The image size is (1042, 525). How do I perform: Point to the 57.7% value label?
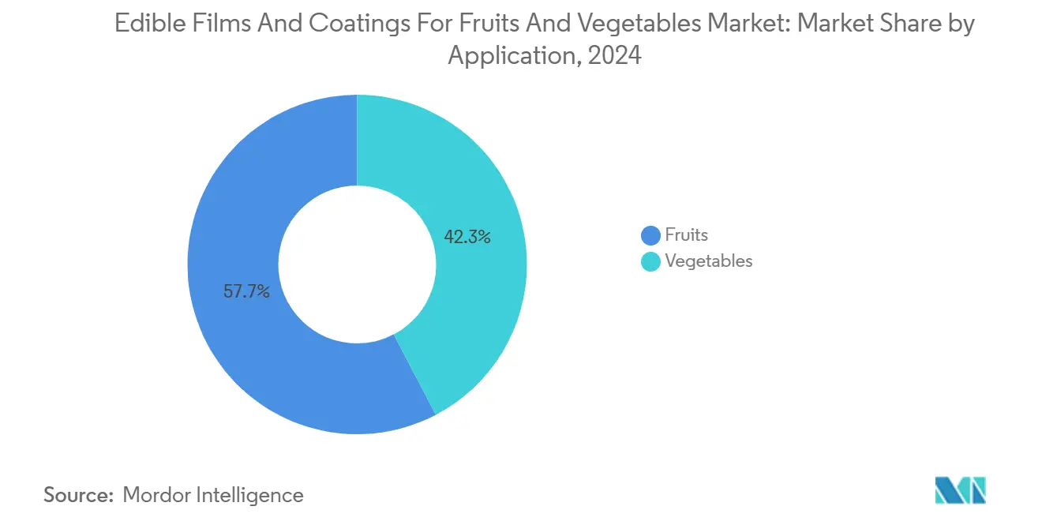[x=246, y=291]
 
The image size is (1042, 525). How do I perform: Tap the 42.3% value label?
[x=467, y=236]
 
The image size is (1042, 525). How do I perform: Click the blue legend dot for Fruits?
[x=650, y=235]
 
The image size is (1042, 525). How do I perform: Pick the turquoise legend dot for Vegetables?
[x=650, y=261]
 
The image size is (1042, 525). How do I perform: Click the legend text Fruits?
[x=686, y=234]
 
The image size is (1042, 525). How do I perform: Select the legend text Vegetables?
[x=709, y=261]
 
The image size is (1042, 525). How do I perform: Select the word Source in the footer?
[x=77, y=495]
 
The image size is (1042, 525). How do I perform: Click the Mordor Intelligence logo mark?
[x=960, y=490]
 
